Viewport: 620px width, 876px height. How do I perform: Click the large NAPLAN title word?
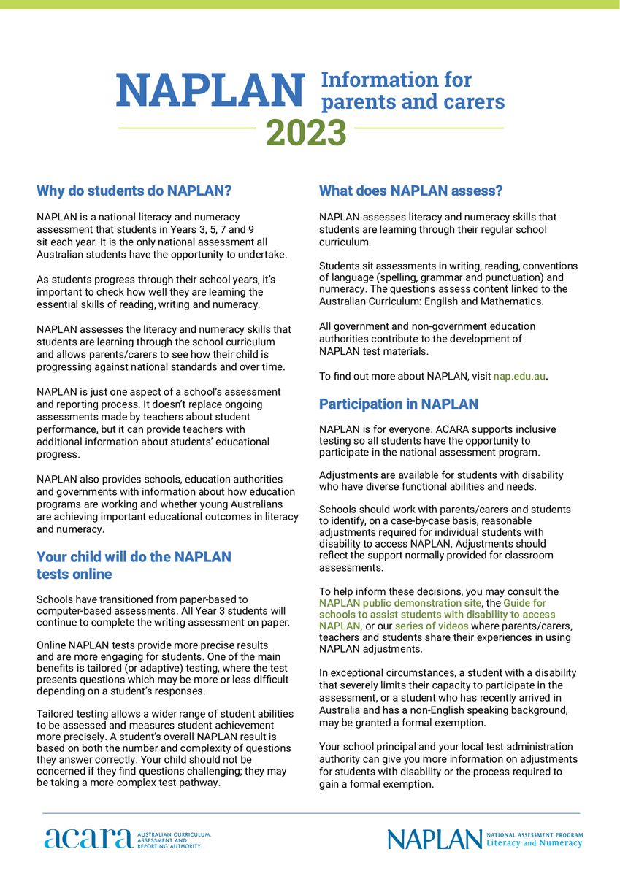[x=210, y=89]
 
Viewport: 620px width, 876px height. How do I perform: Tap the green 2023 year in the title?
[x=306, y=132]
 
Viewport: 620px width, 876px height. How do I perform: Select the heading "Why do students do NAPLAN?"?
[x=134, y=191]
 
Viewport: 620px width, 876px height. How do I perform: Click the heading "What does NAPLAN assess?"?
[x=411, y=191]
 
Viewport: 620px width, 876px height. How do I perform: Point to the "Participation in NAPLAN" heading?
[x=399, y=404]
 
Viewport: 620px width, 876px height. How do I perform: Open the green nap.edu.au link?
[x=519, y=377]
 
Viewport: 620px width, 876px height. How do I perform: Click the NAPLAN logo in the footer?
[x=434, y=839]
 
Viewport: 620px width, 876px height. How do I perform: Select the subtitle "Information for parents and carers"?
[x=413, y=91]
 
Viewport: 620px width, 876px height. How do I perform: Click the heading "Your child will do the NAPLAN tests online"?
[x=134, y=565]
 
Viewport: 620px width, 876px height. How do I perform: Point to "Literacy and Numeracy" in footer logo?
[x=535, y=843]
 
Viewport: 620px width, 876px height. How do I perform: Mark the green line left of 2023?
[x=187, y=128]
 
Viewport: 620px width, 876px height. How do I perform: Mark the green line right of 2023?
[x=429, y=128]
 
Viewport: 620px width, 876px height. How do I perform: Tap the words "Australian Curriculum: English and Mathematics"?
[x=431, y=301]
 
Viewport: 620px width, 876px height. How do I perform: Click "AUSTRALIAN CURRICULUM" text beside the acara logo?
[x=174, y=834]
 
